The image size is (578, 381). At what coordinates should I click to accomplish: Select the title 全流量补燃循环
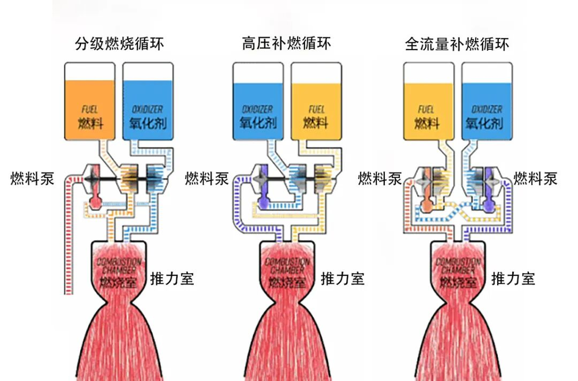(457, 44)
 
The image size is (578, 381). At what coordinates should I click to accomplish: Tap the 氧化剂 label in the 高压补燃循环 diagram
(258, 123)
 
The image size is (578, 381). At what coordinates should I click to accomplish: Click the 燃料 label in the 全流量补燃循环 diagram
(427, 123)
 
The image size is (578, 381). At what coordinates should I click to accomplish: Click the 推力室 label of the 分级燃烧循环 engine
(172, 279)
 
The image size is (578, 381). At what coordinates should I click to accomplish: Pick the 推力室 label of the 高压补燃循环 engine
(343, 279)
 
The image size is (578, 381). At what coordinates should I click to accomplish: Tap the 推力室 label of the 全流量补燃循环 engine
(513, 279)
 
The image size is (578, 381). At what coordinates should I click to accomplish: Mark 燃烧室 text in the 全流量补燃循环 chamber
(458, 282)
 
